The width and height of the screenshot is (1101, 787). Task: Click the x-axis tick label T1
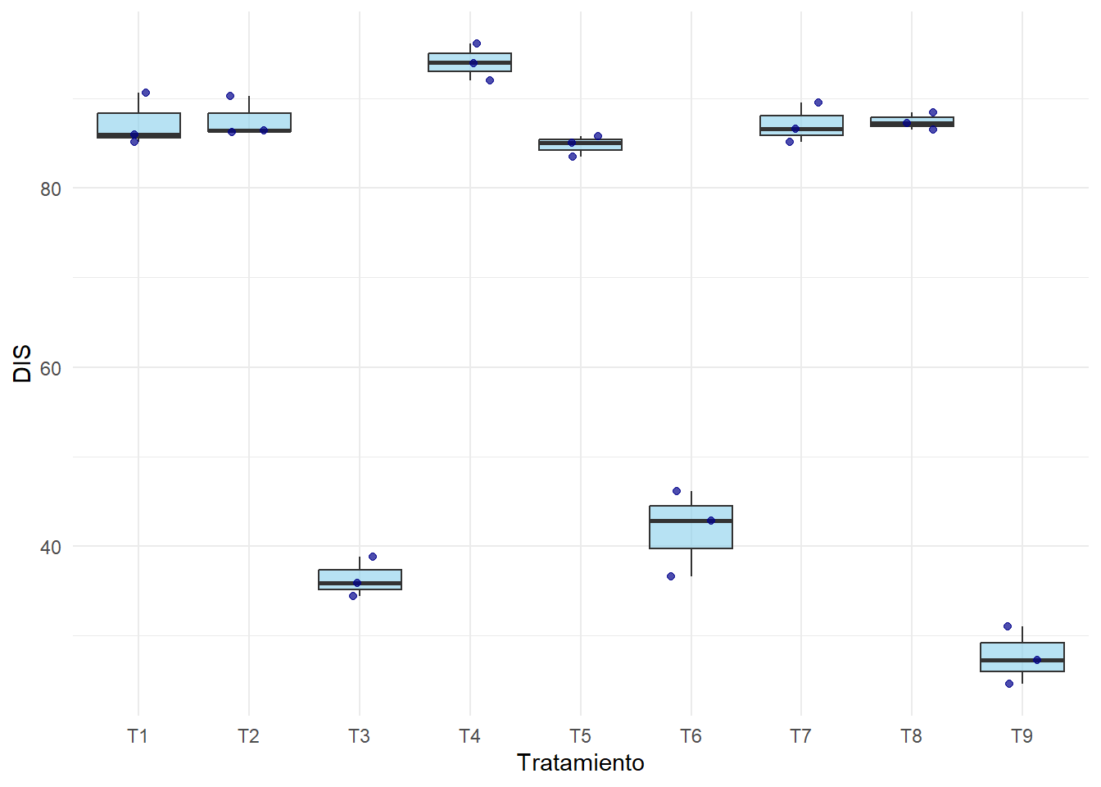tap(138, 736)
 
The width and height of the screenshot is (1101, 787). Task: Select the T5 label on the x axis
tap(580, 736)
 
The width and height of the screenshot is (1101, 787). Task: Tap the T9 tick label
tap(1022, 736)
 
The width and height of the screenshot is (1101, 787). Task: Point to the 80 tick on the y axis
tap(51, 189)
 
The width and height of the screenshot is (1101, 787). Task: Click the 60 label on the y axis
tap(51, 368)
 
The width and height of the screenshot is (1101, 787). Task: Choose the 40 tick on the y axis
tap(51, 547)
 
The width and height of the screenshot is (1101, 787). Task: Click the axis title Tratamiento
tap(580, 763)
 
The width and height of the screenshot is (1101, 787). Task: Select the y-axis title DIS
tap(23, 363)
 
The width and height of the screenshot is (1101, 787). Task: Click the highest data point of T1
tap(146, 93)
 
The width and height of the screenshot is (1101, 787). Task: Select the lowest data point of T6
tap(671, 576)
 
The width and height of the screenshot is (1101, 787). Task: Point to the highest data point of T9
tap(1008, 626)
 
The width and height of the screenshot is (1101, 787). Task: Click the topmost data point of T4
tap(477, 43)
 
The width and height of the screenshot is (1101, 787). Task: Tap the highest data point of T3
tap(373, 557)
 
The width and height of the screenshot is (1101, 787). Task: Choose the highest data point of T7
tap(818, 102)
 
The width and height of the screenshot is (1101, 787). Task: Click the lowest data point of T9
tap(1009, 684)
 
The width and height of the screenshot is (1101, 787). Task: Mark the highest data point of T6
tap(677, 491)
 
